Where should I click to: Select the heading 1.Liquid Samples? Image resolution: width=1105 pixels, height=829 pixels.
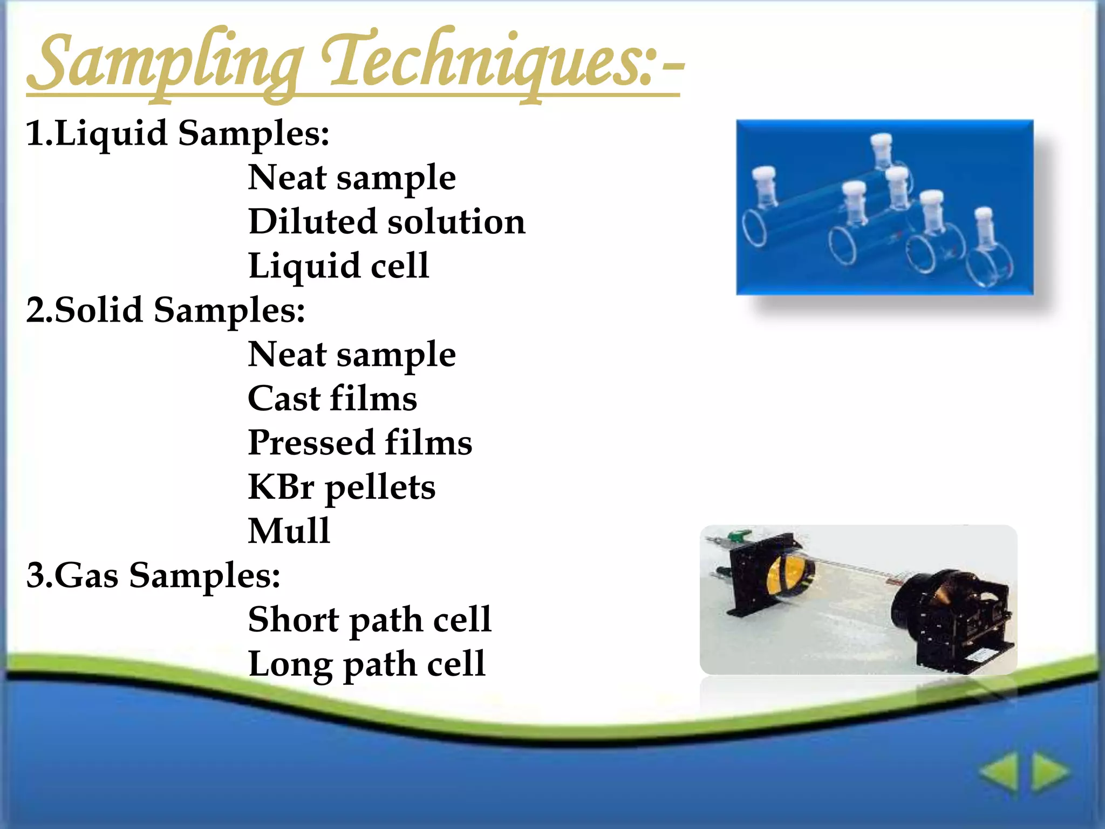(178, 133)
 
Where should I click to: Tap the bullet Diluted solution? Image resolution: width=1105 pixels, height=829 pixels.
(386, 221)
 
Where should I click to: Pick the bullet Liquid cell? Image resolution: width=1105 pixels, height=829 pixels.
(338, 266)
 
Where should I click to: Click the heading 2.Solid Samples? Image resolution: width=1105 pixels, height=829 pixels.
(166, 310)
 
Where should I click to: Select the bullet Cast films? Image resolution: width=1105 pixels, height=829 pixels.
(332, 398)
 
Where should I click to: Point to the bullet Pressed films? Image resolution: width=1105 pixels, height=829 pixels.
(360, 443)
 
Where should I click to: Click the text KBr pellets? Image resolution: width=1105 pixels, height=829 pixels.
(342, 487)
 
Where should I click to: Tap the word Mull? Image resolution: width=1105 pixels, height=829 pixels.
(289, 531)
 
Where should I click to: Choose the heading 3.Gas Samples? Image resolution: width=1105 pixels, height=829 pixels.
(153, 575)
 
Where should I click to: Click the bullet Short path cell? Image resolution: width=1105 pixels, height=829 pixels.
(370, 619)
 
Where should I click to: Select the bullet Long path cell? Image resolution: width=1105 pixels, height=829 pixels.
(366, 663)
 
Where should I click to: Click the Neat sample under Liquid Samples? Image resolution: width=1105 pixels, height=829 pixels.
(352, 177)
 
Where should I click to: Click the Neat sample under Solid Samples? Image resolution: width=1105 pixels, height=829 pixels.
(352, 354)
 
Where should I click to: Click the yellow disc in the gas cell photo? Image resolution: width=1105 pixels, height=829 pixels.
(782, 577)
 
